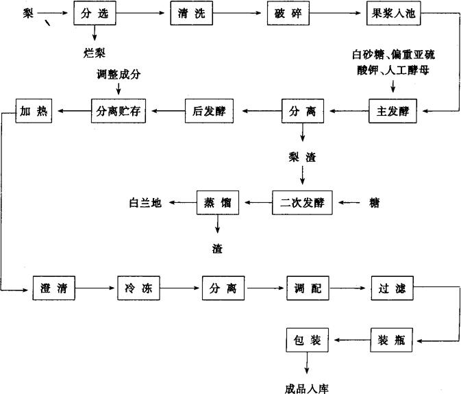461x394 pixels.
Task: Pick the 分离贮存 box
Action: tap(118, 110)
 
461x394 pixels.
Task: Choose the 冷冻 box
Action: tap(138, 288)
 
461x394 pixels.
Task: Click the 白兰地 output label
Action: tap(146, 203)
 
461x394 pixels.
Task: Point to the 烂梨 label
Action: tap(92, 51)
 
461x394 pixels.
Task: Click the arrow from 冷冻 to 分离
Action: tap(182, 288)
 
